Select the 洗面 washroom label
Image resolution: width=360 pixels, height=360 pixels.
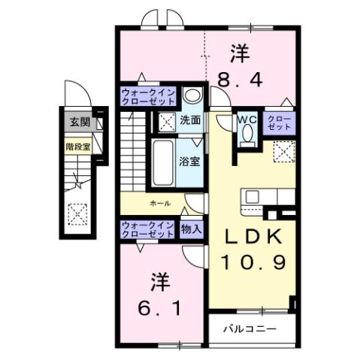(190, 119)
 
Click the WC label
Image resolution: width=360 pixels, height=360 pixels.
(247, 118)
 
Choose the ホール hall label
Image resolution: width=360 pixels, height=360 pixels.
(159, 204)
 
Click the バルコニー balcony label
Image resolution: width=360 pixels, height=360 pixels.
(251, 328)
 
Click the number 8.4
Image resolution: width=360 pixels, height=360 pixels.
(240, 78)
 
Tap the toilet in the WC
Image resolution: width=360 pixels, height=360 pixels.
(247, 136)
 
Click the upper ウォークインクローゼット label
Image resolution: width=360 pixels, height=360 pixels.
(149, 97)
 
